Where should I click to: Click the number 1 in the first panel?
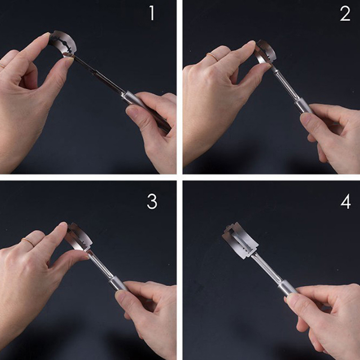click(x=152, y=13)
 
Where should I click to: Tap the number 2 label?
click(x=345, y=13)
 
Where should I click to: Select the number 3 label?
click(x=152, y=201)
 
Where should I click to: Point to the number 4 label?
click(x=346, y=201)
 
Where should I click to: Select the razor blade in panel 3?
click(x=80, y=237)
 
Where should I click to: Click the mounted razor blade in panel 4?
click(x=240, y=240)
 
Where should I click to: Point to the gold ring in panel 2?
click(x=212, y=57)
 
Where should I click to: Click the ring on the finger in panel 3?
click(x=28, y=242)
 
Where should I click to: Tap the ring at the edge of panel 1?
click(x=2, y=66)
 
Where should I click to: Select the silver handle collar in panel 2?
click(x=303, y=105)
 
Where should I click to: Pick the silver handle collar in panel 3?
click(x=117, y=283)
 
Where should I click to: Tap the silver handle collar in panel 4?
click(x=287, y=288)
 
